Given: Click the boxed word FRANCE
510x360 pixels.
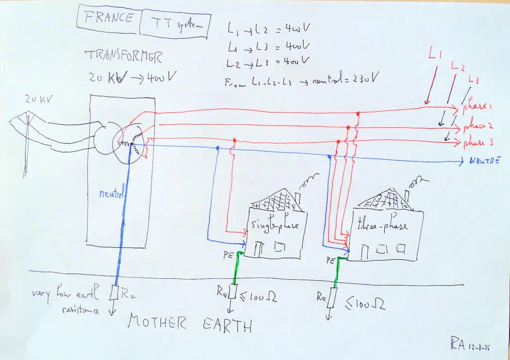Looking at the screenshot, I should tap(109, 18).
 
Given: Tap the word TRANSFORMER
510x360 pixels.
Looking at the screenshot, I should tap(124, 56).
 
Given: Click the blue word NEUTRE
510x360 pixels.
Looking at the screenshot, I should tap(484, 161).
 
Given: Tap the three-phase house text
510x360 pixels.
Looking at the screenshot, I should tap(382, 226).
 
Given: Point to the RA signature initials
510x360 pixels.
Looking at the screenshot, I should tap(458, 343).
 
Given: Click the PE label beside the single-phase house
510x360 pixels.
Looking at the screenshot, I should tap(228, 255).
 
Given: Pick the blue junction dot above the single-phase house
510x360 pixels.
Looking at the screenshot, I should tap(217, 148).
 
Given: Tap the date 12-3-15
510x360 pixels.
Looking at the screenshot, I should tap(481, 345).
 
